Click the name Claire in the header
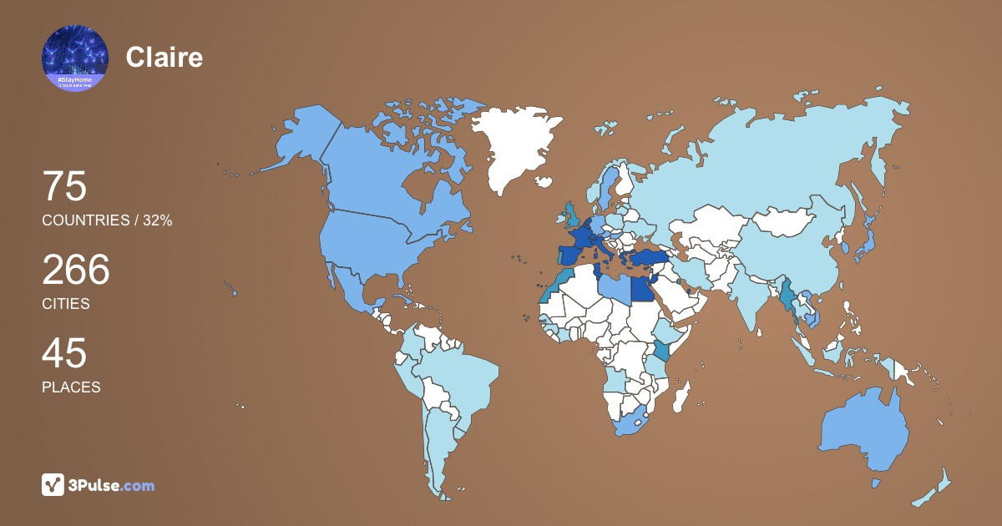point(164,57)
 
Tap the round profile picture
point(75,58)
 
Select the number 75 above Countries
point(64,186)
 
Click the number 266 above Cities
point(76,270)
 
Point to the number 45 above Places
point(64,353)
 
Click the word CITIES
point(66,304)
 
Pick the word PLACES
point(71,387)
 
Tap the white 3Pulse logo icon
point(53,484)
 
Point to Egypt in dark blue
point(641,289)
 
